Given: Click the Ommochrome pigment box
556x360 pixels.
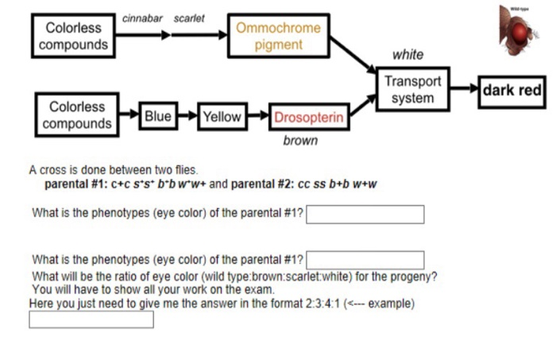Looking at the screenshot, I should [x=278, y=37].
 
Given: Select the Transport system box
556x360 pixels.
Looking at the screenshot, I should [x=412, y=90].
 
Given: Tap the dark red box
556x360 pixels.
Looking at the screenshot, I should [x=512, y=91].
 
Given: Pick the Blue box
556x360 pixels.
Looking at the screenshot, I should [x=157, y=117].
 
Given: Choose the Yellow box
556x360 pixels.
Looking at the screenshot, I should [x=221, y=117].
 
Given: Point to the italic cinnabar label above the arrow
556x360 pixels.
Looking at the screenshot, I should [x=143, y=17].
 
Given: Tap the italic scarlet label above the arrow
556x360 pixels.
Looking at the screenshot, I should [x=189, y=17].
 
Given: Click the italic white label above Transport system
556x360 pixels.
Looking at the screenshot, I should [x=407, y=55].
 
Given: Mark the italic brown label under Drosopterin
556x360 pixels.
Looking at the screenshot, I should [x=300, y=141].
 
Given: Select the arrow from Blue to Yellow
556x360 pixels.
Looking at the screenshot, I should [x=185, y=117].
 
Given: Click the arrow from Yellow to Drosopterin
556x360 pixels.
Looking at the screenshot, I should [x=257, y=117].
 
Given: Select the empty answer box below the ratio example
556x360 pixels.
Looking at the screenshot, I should [x=91, y=320].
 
